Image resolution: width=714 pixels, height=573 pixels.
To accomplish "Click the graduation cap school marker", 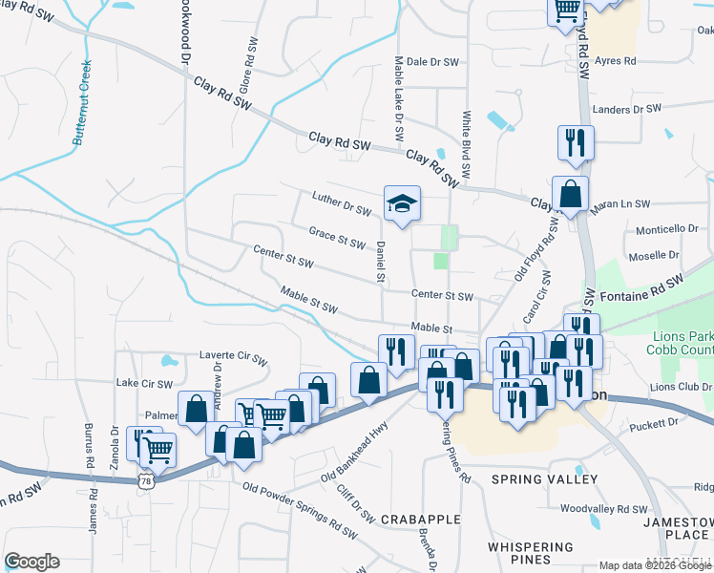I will [402, 202].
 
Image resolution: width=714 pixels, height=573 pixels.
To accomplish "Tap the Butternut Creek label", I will [82, 102].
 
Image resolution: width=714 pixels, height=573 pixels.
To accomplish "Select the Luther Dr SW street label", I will [341, 202].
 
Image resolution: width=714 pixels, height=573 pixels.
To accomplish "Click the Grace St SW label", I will [337, 236].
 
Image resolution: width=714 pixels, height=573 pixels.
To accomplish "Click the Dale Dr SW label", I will [432, 61].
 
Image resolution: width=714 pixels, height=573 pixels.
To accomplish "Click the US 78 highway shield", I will [145, 481].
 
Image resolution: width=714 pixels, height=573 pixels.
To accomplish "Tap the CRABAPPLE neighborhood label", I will [420, 520].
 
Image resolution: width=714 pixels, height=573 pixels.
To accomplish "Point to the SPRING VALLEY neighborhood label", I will [544, 478].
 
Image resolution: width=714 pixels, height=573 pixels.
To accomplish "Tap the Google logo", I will [31, 562].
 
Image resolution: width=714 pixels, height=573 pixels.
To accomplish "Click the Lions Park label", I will [680, 336].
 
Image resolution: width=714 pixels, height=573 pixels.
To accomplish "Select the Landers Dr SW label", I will [627, 110].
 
